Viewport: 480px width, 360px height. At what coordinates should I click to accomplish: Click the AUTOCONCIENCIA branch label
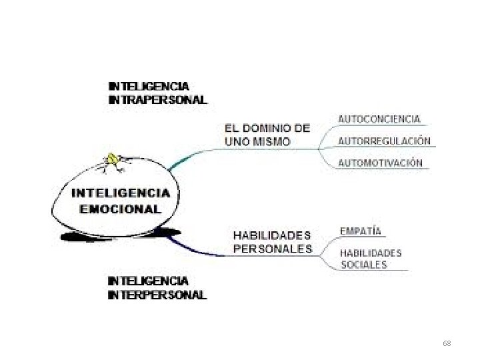click(379, 119)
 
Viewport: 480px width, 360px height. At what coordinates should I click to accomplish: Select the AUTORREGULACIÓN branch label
click(384, 141)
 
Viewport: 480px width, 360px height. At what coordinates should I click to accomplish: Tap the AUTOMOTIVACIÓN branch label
click(380, 163)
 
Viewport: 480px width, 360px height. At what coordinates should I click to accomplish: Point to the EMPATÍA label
click(360, 231)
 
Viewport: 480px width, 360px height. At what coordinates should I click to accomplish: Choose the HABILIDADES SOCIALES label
click(371, 259)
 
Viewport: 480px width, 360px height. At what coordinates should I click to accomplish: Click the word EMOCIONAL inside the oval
click(120, 208)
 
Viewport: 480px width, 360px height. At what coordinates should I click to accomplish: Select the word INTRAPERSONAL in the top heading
click(157, 101)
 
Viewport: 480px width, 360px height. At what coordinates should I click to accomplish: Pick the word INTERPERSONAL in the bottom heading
click(157, 295)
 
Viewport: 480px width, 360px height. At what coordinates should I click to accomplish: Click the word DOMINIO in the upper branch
click(270, 128)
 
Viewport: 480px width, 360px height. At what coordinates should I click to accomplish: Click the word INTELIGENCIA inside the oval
click(121, 193)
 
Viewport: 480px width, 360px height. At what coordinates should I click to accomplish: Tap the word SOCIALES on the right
click(363, 265)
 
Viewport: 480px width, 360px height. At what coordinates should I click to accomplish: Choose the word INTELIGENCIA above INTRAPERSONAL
click(149, 86)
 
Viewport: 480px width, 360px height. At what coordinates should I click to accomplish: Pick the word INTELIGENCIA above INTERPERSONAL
click(149, 281)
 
